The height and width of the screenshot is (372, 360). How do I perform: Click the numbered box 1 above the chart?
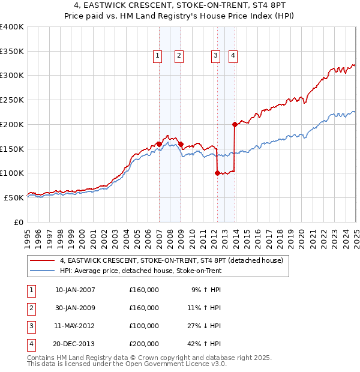click(x=157, y=56)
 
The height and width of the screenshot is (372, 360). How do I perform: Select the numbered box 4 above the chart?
click(x=233, y=56)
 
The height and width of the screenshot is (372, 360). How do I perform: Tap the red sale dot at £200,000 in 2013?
click(x=235, y=124)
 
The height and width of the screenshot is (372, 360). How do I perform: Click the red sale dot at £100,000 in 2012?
click(x=217, y=173)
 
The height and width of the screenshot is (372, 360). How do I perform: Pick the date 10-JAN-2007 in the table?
click(x=75, y=290)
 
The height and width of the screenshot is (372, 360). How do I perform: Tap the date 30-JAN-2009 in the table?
click(x=75, y=308)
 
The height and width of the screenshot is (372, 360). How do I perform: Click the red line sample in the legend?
click(x=43, y=260)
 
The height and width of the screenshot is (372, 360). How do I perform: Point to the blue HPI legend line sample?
click(x=43, y=271)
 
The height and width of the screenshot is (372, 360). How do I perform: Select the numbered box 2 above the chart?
click(x=179, y=56)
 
